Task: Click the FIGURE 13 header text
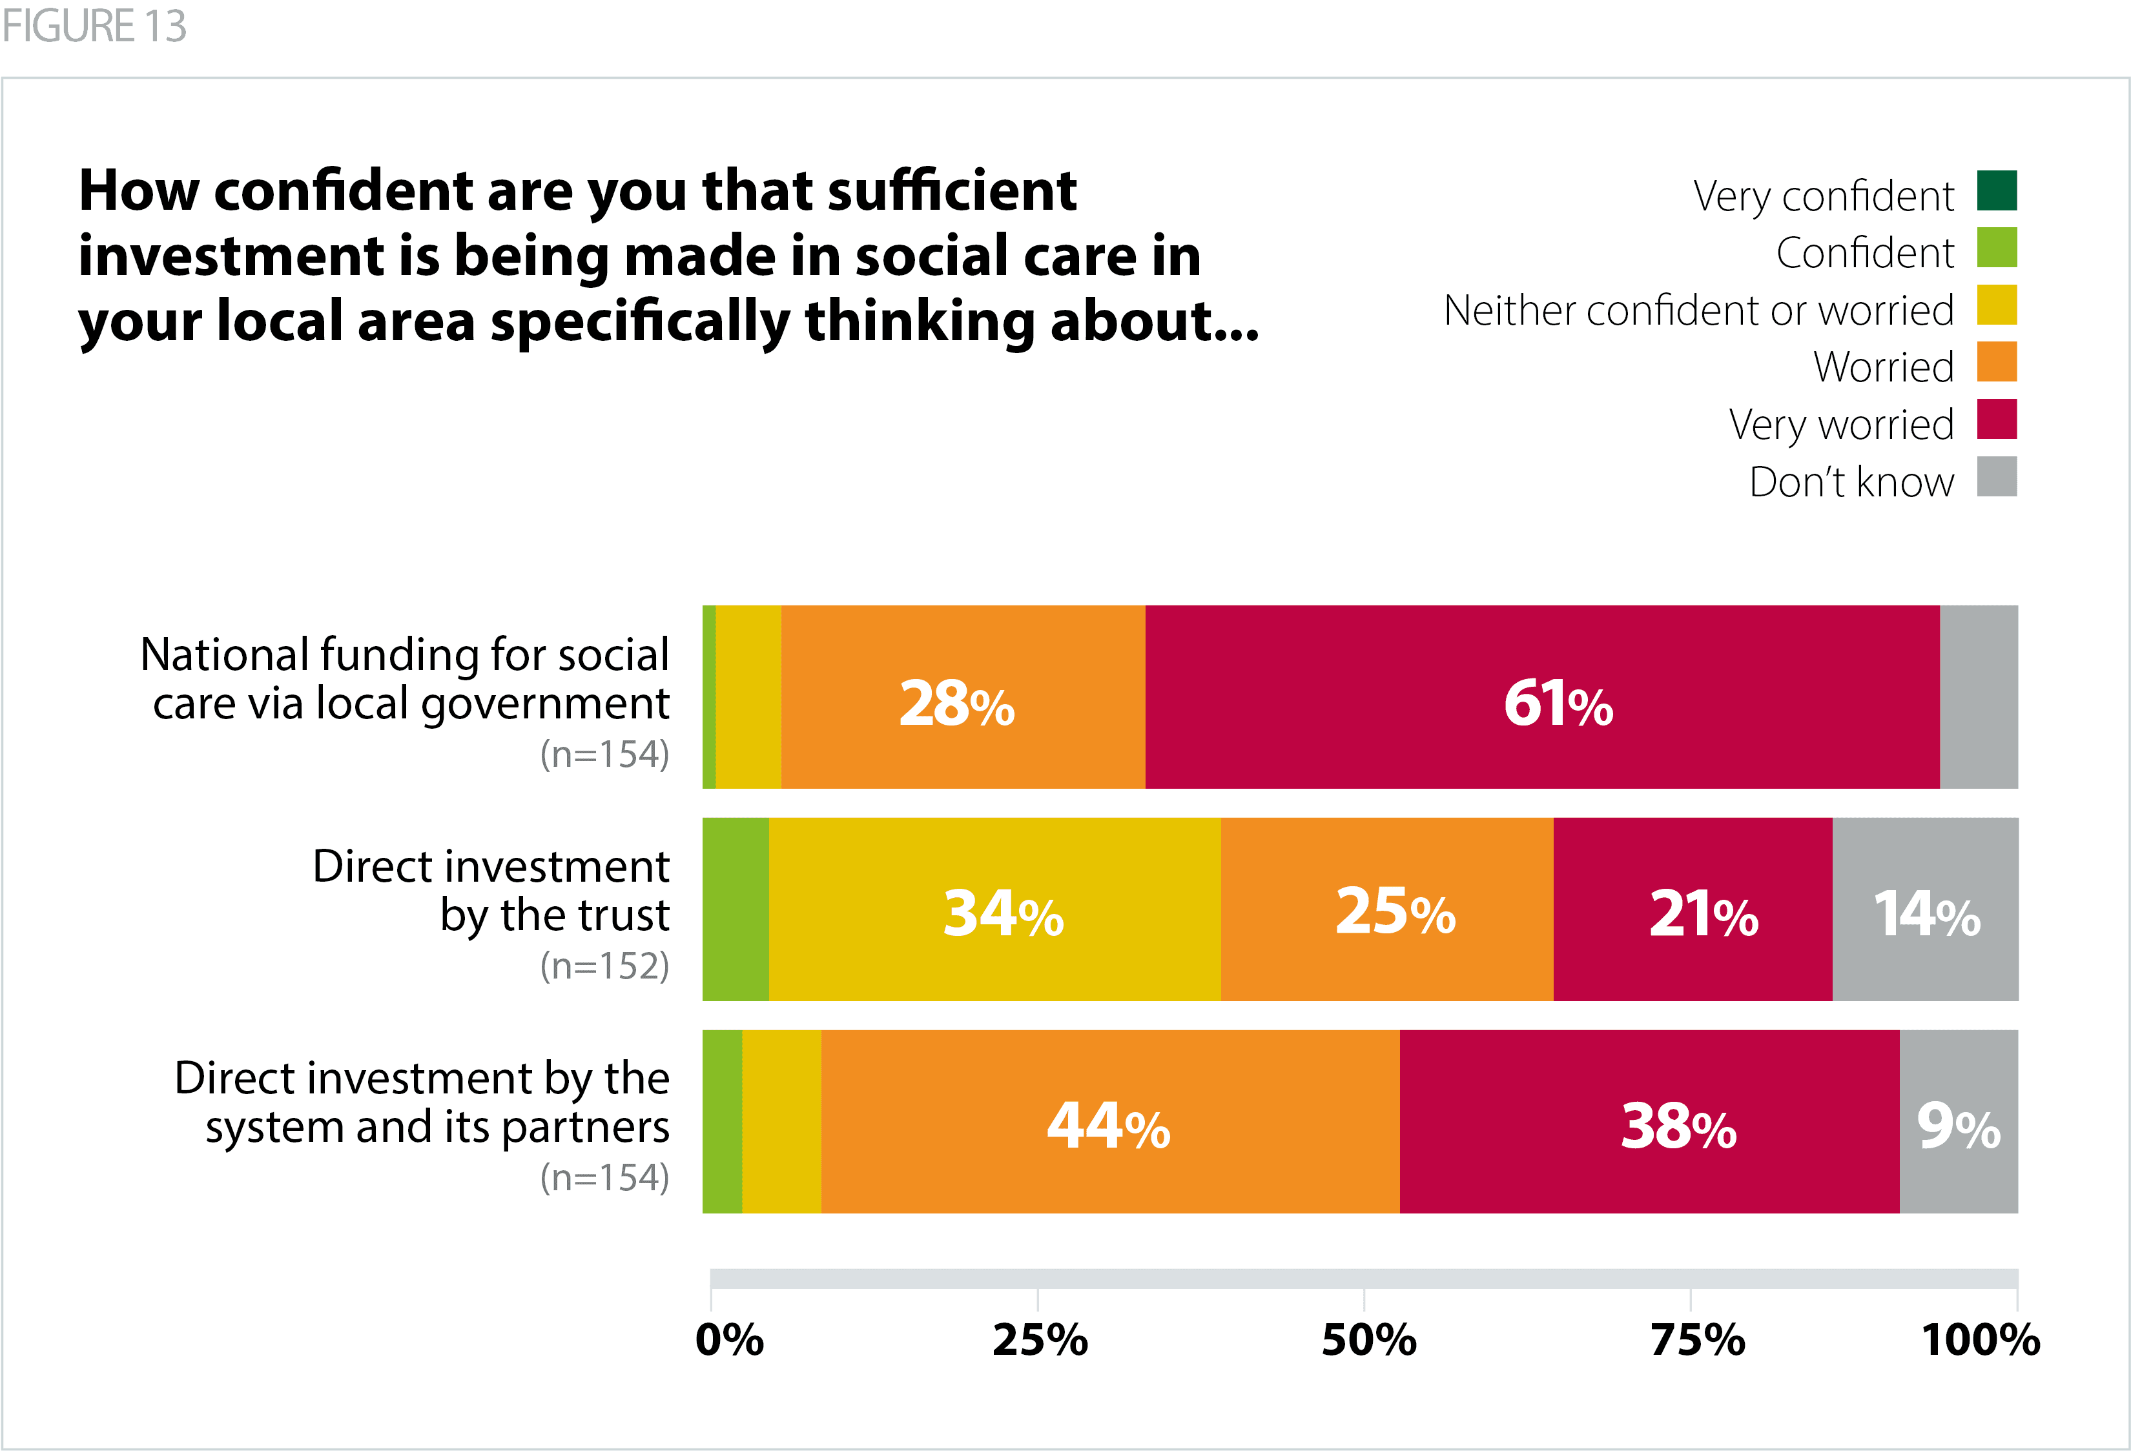[x=94, y=26]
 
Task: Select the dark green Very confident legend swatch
[x=1996, y=190]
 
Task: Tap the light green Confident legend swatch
[x=1996, y=247]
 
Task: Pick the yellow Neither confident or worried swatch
[x=1996, y=305]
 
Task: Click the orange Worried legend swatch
[x=1996, y=362]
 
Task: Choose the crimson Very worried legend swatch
[x=1996, y=419]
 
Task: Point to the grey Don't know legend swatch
[x=1996, y=476]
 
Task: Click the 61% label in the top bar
[x=1558, y=704]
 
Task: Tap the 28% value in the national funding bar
[x=956, y=704]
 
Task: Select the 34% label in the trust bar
[x=1003, y=914]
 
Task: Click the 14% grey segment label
[x=1926, y=914]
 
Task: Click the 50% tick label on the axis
[x=1368, y=1340]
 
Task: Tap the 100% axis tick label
[x=1981, y=1340]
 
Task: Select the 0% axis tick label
[x=729, y=1340]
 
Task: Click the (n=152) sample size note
[x=604, y=966]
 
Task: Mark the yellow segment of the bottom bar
[x=781, y=1122]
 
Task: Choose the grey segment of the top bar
[x=1979, y=696]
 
